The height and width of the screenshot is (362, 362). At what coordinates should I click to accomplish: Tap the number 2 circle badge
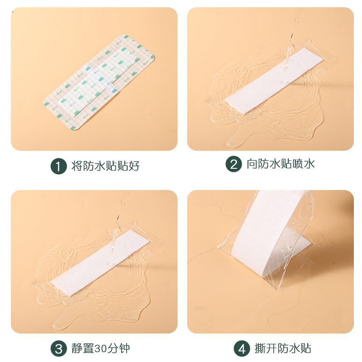coord(233,164)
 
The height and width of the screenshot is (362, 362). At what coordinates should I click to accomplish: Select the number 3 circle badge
coord(58,349)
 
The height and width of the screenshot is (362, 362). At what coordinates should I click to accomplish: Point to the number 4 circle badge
coord(241,349)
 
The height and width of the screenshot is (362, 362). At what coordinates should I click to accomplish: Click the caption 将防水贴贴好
coord(105,166)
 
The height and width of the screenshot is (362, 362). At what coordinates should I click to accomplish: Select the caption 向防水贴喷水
coord(281,164)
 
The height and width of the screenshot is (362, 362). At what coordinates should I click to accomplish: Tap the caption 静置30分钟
coord(100,349)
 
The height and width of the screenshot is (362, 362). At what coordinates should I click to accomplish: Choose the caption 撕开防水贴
coord(280,349)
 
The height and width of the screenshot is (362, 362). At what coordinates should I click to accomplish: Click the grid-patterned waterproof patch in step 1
coord(100,81)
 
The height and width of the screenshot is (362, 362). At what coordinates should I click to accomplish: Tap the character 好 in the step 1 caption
coord(133,166)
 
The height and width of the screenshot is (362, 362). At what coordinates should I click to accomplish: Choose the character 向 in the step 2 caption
coord(252,164)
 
